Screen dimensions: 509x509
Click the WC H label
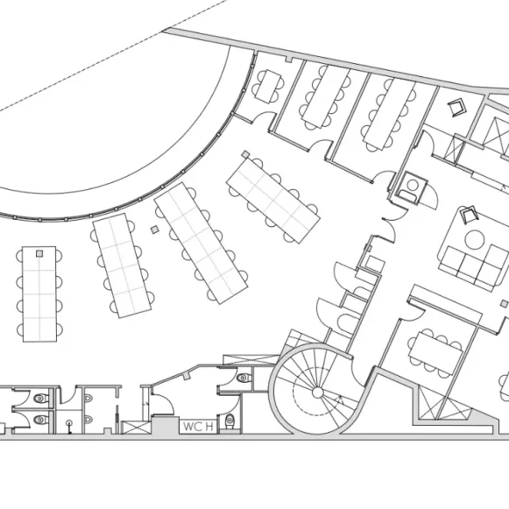click(198, 427)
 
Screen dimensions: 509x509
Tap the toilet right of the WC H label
click(230, 421)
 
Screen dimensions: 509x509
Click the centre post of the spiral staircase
click(317, 392)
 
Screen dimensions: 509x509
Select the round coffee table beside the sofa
click(475, 239)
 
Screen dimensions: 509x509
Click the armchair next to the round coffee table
click(470, 215)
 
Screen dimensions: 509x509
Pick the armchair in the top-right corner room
click(456, 107)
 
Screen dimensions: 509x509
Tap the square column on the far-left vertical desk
click(39, 253)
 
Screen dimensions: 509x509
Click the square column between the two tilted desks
click(155, 230)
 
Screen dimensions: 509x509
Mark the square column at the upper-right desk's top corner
click(245, 154)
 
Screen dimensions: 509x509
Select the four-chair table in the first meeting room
click(268, 86)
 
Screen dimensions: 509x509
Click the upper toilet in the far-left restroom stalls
click(41, 398)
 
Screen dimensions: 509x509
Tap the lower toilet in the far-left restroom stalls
click(41, 420)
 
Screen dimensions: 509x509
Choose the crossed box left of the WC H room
click(136, 428)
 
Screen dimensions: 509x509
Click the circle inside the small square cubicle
click(413, 185)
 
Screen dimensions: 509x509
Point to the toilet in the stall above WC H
click(244, 378)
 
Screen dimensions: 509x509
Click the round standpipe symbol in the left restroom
click(69, 423)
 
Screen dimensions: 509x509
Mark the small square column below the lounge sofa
click(504, 304)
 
